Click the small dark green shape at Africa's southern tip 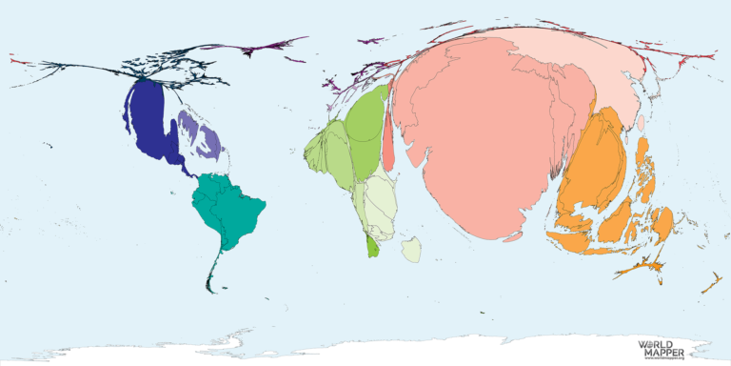point(373,246)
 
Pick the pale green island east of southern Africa point(411,250)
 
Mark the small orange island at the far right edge point(710,283)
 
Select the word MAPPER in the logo point(657,351)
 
